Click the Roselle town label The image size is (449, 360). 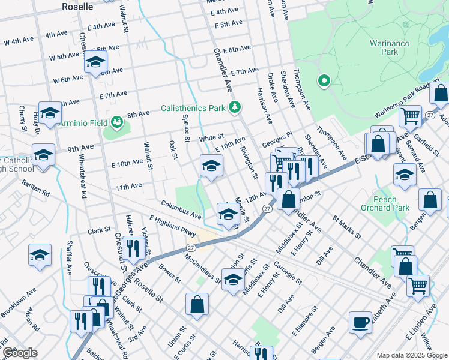[77, 7]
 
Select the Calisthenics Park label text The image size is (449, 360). [192, 109]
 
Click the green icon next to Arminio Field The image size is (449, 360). [116, 123]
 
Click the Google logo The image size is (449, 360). [20, 353]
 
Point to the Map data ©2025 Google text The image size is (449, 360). [411, 355]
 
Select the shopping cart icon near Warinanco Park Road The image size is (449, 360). [411, 116]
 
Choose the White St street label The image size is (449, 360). [211, 137]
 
